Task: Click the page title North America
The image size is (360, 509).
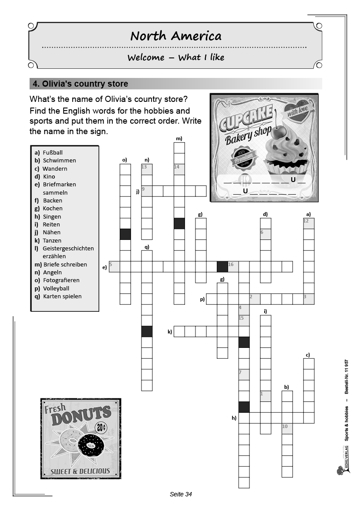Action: (176, 36)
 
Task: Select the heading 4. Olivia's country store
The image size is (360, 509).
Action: (79, 84)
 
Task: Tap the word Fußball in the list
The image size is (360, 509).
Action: (53, 152)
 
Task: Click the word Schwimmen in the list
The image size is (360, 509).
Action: (59, 160)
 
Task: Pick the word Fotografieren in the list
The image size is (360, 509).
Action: (61, 280)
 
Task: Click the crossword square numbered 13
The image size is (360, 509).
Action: (147, 169)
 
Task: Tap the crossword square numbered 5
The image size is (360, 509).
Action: (114, 266)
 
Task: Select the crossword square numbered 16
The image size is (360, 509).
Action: (233, 266)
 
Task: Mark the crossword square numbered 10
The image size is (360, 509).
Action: (287, 428)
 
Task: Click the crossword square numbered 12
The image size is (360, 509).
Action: (309, 223)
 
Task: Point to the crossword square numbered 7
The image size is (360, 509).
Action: (244, 374)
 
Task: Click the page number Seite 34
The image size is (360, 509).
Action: (181, 494)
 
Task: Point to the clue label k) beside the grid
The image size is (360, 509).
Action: (170, 332)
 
